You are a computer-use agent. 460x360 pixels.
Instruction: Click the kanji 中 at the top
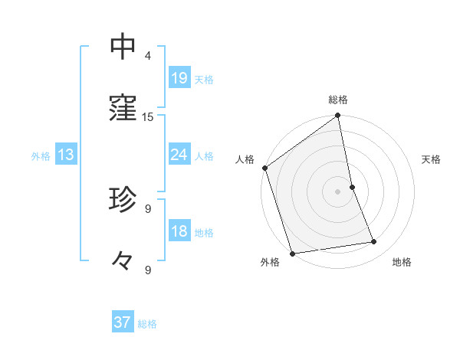[123, 47]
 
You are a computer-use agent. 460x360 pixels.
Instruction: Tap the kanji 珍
[123, 199]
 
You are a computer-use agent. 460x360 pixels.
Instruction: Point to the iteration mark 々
[123, 261]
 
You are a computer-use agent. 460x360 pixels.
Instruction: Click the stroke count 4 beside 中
[148, 56]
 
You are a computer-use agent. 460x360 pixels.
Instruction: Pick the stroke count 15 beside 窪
[148, 117]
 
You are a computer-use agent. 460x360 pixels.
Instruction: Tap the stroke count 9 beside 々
[148, 270]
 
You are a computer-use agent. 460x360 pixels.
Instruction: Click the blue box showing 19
[179, 78]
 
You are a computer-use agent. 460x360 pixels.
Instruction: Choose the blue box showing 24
[179, 155]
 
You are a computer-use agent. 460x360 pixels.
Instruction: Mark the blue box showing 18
[179, 231]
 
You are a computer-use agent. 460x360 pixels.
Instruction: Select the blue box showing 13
[66, 155]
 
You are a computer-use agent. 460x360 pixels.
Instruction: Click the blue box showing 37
[123, 322]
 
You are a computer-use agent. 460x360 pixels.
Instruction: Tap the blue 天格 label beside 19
[204, 79]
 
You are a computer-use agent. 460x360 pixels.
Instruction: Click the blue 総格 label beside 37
[147, 324]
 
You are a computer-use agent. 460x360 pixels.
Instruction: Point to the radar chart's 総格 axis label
[338, 100]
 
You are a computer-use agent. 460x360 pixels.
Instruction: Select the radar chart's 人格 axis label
[245, 159]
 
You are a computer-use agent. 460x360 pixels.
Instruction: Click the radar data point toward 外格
[291, 253]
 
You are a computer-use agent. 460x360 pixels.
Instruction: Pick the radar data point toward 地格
[374, 242]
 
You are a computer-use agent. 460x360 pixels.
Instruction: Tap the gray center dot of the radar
[338, 191]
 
